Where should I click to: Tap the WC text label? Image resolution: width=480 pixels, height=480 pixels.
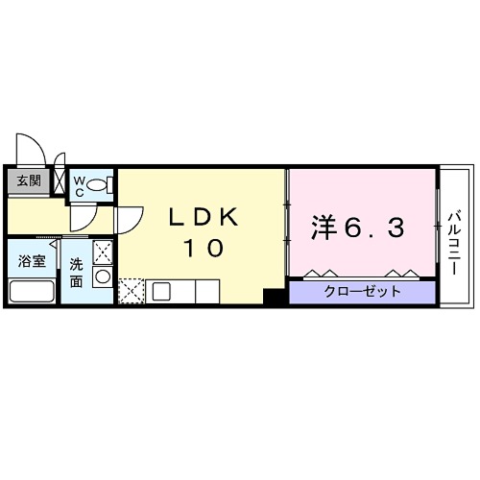[81, 182]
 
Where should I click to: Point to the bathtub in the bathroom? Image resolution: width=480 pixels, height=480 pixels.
[31, 291]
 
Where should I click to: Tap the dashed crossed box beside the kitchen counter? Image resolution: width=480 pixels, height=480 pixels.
[131, 290]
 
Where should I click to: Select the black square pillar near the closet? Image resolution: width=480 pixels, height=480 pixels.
[274, 298]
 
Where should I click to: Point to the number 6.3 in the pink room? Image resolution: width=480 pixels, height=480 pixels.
[377, 228]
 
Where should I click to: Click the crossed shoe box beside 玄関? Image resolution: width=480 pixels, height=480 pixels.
[60, 180]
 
